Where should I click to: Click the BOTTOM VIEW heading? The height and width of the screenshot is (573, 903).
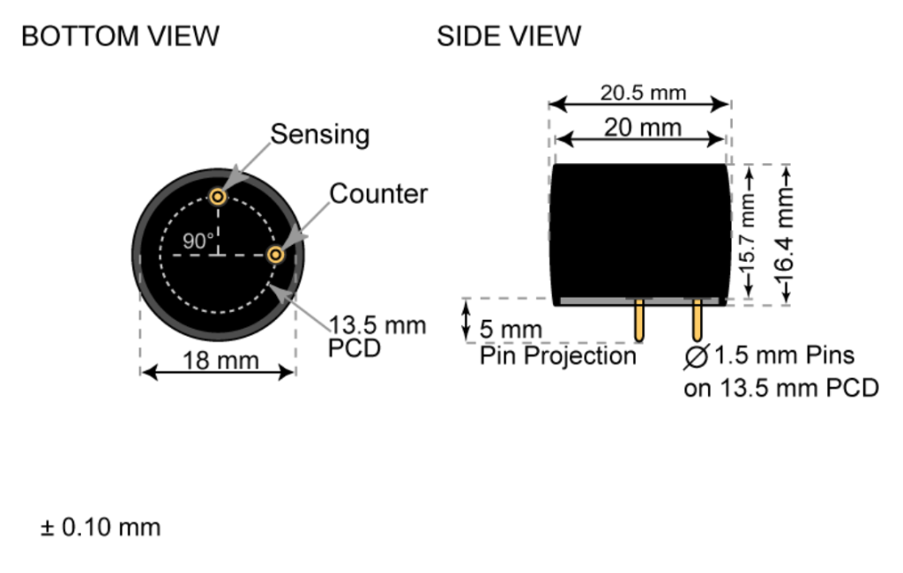pos(120,36)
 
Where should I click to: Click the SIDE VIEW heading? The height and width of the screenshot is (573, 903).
pos(509,36)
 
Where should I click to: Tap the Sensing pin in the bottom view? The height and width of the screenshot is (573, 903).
pos(217,196)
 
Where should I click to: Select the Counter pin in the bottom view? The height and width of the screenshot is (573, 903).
pos(276,255)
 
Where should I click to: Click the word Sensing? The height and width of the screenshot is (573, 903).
pos(319,135)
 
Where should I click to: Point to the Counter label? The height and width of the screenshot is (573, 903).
pos(378,194)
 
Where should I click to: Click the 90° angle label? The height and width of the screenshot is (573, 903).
pos(198,240)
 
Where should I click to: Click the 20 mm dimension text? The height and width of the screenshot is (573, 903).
pos(642,128)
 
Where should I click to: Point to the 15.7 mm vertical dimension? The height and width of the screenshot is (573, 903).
pos(750,234)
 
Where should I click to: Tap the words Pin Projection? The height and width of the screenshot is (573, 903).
pos(557,356)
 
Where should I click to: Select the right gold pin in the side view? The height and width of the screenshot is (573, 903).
pos(697,321)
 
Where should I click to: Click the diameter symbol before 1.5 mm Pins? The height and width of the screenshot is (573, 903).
pos(697,357)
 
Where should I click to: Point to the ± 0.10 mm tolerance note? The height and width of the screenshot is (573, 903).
pos(100,528)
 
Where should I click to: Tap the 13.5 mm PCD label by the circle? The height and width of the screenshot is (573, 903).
pos(377,336)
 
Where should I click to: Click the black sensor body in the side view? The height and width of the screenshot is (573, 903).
pos(641,231)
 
